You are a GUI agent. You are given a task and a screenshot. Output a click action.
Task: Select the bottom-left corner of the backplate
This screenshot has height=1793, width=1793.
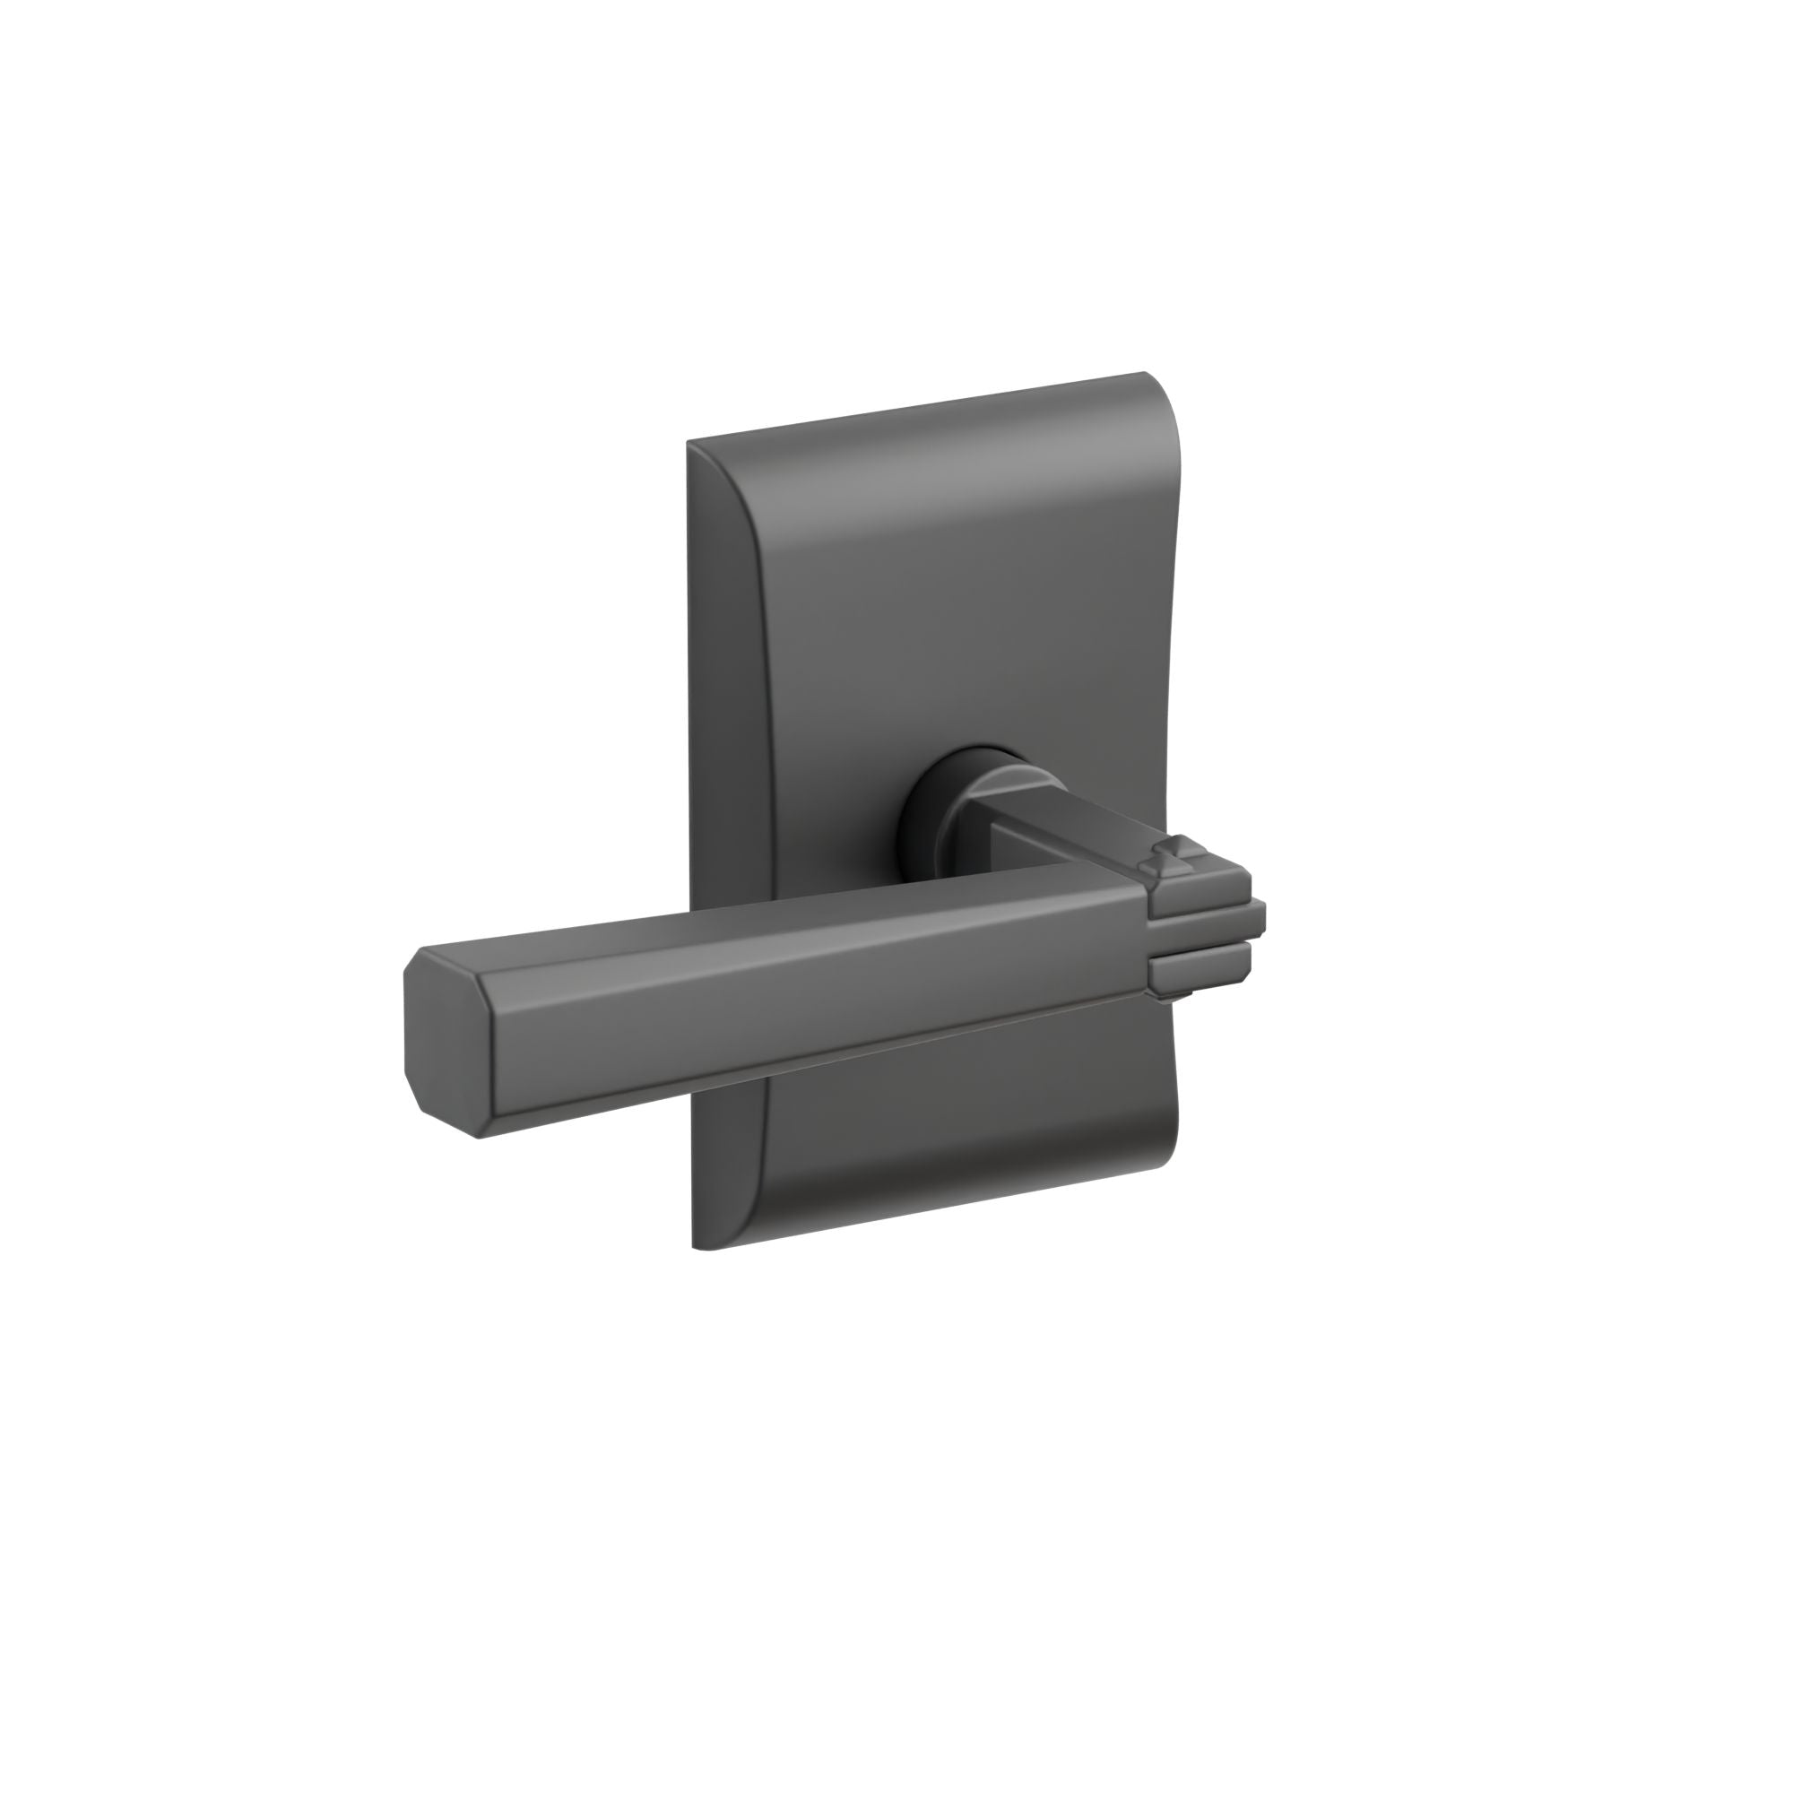pos(695,1246)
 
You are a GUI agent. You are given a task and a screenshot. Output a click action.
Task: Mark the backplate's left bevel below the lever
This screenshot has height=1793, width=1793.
pos(733,1169)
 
